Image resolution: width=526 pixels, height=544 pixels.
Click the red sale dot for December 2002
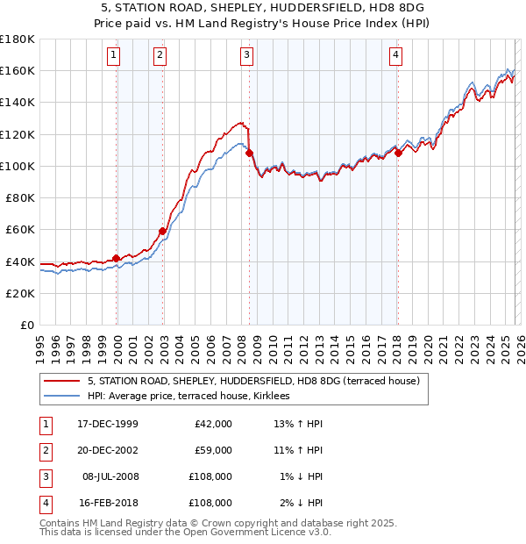(x=163, y=232)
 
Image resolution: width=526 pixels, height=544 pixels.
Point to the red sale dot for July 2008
(x=249, y=153)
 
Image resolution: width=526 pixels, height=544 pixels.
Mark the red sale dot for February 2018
(x=398, y=153)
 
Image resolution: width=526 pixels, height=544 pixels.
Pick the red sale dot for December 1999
(x=117, y=258)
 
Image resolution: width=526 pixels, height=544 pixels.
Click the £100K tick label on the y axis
(x=18, y=166)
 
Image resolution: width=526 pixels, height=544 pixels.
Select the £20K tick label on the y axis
(x=20, y=293)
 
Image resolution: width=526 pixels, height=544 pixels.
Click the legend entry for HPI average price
(x=194, y=397)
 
